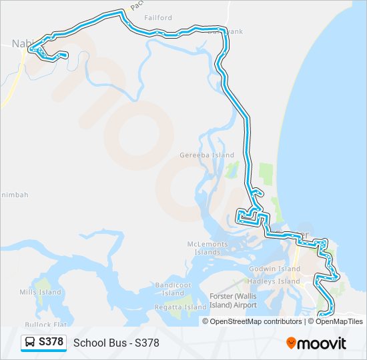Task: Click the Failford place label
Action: [x=158, y=18]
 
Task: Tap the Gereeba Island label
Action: [x=207, y=155]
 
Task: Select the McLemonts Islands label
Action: [x=208, y=248]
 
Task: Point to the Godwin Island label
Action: [x=275, y=269]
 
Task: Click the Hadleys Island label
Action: [x=275, y=281]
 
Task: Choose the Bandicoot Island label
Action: [x=173, y=289]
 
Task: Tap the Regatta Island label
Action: [x=181, y=307]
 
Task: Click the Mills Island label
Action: [x=40, y=292]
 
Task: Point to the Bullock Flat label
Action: [x=51, y=324]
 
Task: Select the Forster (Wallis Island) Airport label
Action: [x=232, y=301]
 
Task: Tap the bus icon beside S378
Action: [x=31, y=343]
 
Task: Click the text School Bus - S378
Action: [x=116, y=343]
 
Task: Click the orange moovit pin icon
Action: [x=291, y=343]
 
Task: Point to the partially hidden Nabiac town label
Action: [x=21, y=43]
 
